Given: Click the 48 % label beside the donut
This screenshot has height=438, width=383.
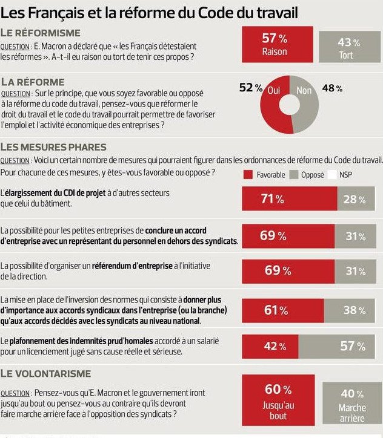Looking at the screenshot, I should [331, 88].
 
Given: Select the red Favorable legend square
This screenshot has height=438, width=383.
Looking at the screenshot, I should [248, 174].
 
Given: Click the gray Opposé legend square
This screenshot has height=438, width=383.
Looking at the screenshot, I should [295, 174].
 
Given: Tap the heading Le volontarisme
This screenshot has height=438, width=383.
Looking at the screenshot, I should [46, 373].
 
